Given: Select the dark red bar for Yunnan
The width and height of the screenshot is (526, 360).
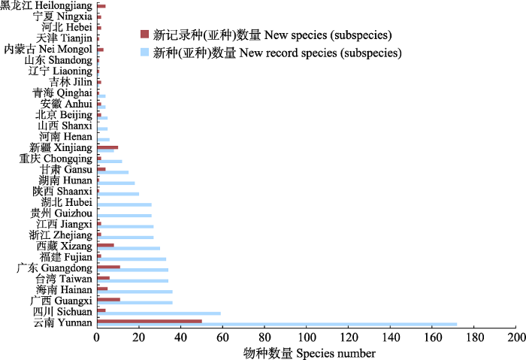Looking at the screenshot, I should pyautogui.click(x=150, y=321).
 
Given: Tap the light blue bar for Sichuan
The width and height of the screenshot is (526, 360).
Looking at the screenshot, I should pyautogui.click(x=159, y=313).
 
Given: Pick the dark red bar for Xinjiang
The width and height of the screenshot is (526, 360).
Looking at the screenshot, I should pyautogui.click(x=107, y=147).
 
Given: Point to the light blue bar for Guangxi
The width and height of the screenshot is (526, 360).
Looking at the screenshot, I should pyautogui.click(x=135, y=302).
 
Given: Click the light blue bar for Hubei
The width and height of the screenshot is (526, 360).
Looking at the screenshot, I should pyautogui.click(x=124, y=204).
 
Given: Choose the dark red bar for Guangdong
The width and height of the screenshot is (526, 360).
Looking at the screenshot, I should pyautogui.click(x=108, y=267).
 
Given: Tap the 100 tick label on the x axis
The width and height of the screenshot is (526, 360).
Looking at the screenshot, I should pyautogui.click(x=307, y=337).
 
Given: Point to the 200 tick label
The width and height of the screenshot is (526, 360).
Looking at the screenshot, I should pyautogui.click(x=515, y=337).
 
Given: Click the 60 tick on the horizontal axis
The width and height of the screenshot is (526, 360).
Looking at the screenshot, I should pyautogui.click(x=222, y=337).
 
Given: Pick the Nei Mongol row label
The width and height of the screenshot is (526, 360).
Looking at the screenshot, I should pyautogui.click(x=48, y=49).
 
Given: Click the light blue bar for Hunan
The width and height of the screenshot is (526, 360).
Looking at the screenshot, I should pyautogui.click(x=116, y=183).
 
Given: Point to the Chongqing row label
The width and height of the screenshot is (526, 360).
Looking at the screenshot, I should pyautogui.click(x=56, y=158).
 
